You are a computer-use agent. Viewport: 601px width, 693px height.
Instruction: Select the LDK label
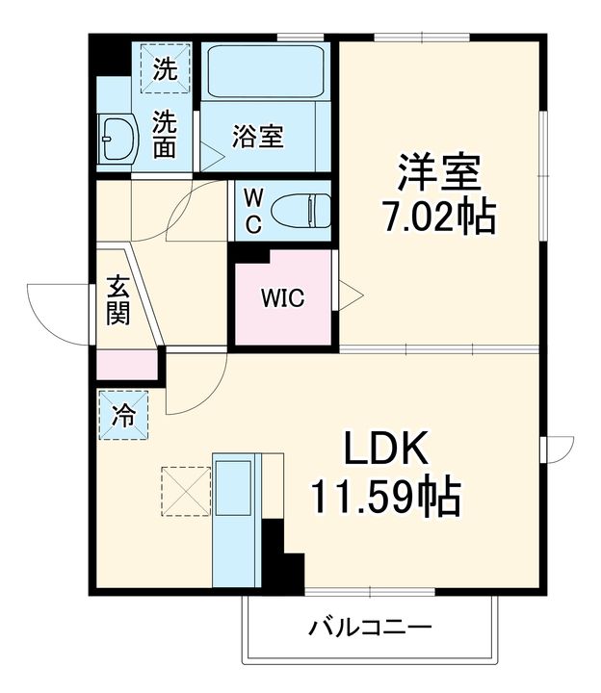(x=385, y=449)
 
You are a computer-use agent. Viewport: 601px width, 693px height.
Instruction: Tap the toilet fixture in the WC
(x=300, y=209)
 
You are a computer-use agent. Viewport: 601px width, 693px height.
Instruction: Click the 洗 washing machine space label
(x=165, y=69)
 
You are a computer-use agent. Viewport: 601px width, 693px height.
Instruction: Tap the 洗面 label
(x=166, y=136)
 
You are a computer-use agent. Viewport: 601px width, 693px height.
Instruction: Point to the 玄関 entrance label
(x=118, y=301)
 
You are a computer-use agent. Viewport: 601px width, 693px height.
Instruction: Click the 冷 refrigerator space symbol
(x=123, y=415)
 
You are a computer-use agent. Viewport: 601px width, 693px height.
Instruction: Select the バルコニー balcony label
(x=371, y=629)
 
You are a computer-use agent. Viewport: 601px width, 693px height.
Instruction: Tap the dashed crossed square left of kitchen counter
(x=185, y=491)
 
